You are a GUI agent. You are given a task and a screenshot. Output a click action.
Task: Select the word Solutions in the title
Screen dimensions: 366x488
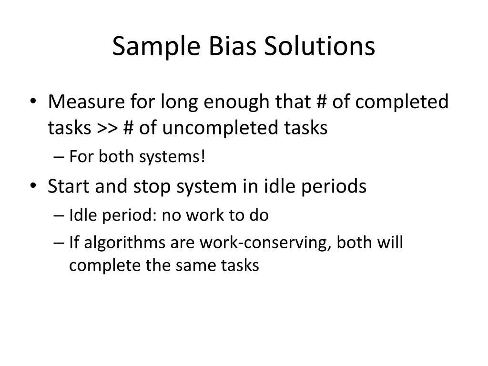(320, 47)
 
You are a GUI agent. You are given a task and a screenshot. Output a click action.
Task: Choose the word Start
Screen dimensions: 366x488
(69, 186)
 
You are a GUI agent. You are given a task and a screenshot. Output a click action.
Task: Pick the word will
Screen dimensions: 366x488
(391, 243)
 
